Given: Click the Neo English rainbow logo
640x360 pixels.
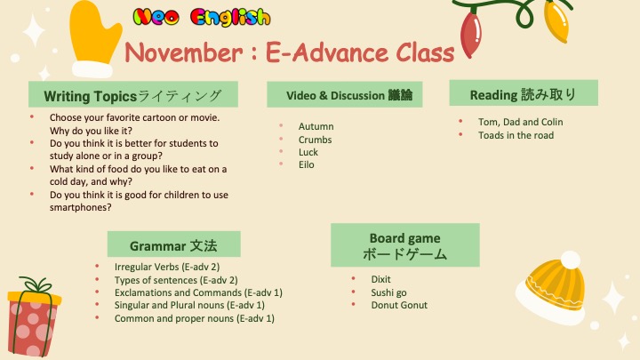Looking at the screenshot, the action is [202, 18].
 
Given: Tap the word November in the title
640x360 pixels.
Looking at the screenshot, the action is [184, 53].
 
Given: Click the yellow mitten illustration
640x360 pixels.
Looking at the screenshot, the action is [94, 40].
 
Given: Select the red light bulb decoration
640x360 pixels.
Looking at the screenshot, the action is [470, 35].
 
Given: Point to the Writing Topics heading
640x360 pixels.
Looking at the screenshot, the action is [133, 95].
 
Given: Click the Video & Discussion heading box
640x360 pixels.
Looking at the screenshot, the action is [345, 95].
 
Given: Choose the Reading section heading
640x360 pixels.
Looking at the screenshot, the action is [524, 93].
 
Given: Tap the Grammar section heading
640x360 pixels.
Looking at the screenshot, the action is [174, 244].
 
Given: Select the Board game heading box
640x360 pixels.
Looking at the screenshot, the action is [405, 245].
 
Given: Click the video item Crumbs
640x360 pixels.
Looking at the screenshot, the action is [315, 140].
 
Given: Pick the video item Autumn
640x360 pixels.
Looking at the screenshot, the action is [316, 126].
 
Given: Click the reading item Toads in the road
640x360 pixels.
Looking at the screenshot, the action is [516, 135].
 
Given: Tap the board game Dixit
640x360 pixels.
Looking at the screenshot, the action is [380, 279].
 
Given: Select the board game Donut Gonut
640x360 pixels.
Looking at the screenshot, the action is [399, 305].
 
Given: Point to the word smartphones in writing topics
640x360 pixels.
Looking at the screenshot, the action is [80, 207].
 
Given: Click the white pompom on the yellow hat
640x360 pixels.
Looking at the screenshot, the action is [570, 260].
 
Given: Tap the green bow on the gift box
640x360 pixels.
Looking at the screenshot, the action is [36, 284].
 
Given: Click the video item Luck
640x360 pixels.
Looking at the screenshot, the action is [308, 152].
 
